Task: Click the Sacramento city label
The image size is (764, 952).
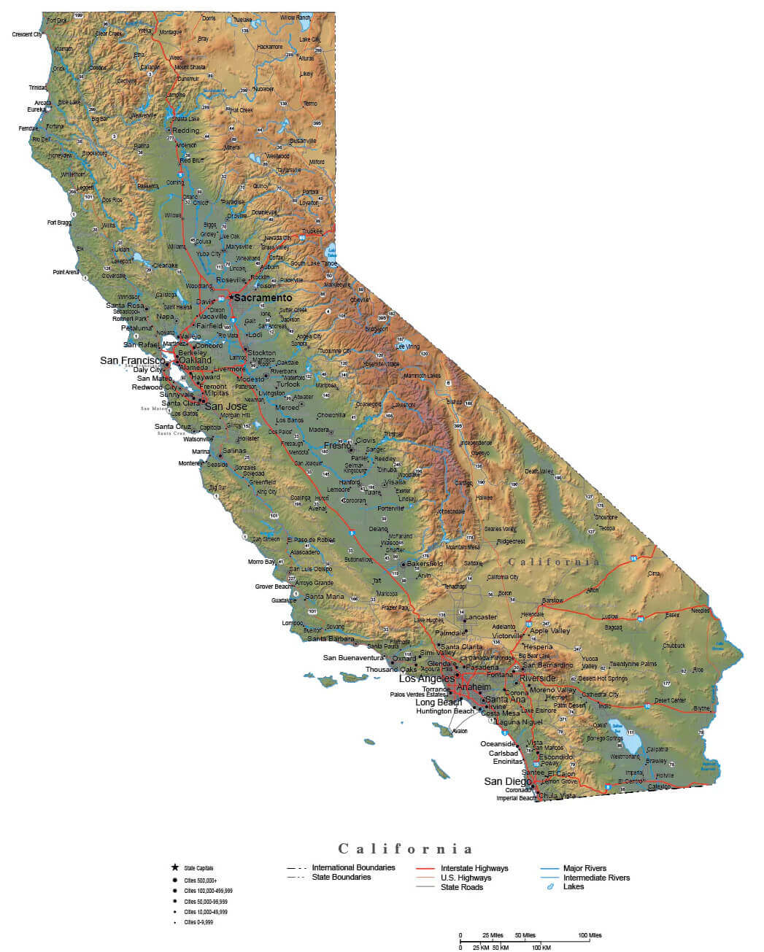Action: [263, 298]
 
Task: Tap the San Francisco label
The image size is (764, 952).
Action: [132, 360]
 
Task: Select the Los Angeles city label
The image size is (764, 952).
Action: [427, 678]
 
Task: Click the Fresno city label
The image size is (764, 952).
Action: [338, 445]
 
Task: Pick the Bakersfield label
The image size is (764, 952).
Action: [425, 564]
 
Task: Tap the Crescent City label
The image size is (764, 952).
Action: [28, 34]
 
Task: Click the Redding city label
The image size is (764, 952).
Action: [185, 131]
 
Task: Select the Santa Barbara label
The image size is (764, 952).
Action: [331, 638]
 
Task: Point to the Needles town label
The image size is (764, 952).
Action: [700, 610]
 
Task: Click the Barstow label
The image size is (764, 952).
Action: [552, 600]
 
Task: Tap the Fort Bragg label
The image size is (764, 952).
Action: [59, 222]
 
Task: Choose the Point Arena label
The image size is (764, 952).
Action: [66, 272]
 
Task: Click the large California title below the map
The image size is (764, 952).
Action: [405, 848]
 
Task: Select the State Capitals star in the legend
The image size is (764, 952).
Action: [174, 867]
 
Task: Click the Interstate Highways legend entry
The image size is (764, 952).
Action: [474, 868]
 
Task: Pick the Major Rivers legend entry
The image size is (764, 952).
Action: [584, 868]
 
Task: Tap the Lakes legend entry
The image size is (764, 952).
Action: [574, 886]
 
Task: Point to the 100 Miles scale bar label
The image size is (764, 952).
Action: [590, 935]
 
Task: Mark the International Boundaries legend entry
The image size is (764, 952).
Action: [353, 867]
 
